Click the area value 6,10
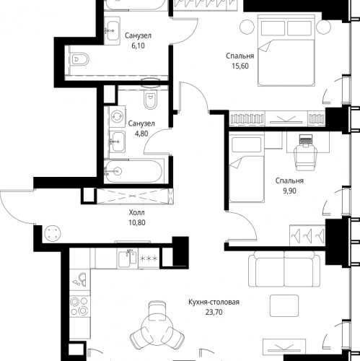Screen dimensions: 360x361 138,45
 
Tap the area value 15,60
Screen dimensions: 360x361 240,66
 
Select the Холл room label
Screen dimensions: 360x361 137,212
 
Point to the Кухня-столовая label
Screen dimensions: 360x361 214,302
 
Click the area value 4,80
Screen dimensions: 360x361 141,134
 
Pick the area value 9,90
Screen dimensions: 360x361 289,191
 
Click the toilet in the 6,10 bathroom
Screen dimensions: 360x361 80,58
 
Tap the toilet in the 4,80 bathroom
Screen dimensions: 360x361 151,100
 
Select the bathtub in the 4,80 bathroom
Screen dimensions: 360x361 134,171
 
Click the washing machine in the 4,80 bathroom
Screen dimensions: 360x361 117,116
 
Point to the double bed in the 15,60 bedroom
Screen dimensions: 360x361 286,51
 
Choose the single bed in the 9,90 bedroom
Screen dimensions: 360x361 247,169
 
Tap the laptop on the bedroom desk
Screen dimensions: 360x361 306,140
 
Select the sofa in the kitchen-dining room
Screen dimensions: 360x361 284,269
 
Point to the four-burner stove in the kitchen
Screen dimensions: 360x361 79,306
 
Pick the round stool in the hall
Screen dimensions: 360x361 53,233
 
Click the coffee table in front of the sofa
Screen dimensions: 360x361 284,305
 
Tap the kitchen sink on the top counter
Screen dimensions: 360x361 128,258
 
